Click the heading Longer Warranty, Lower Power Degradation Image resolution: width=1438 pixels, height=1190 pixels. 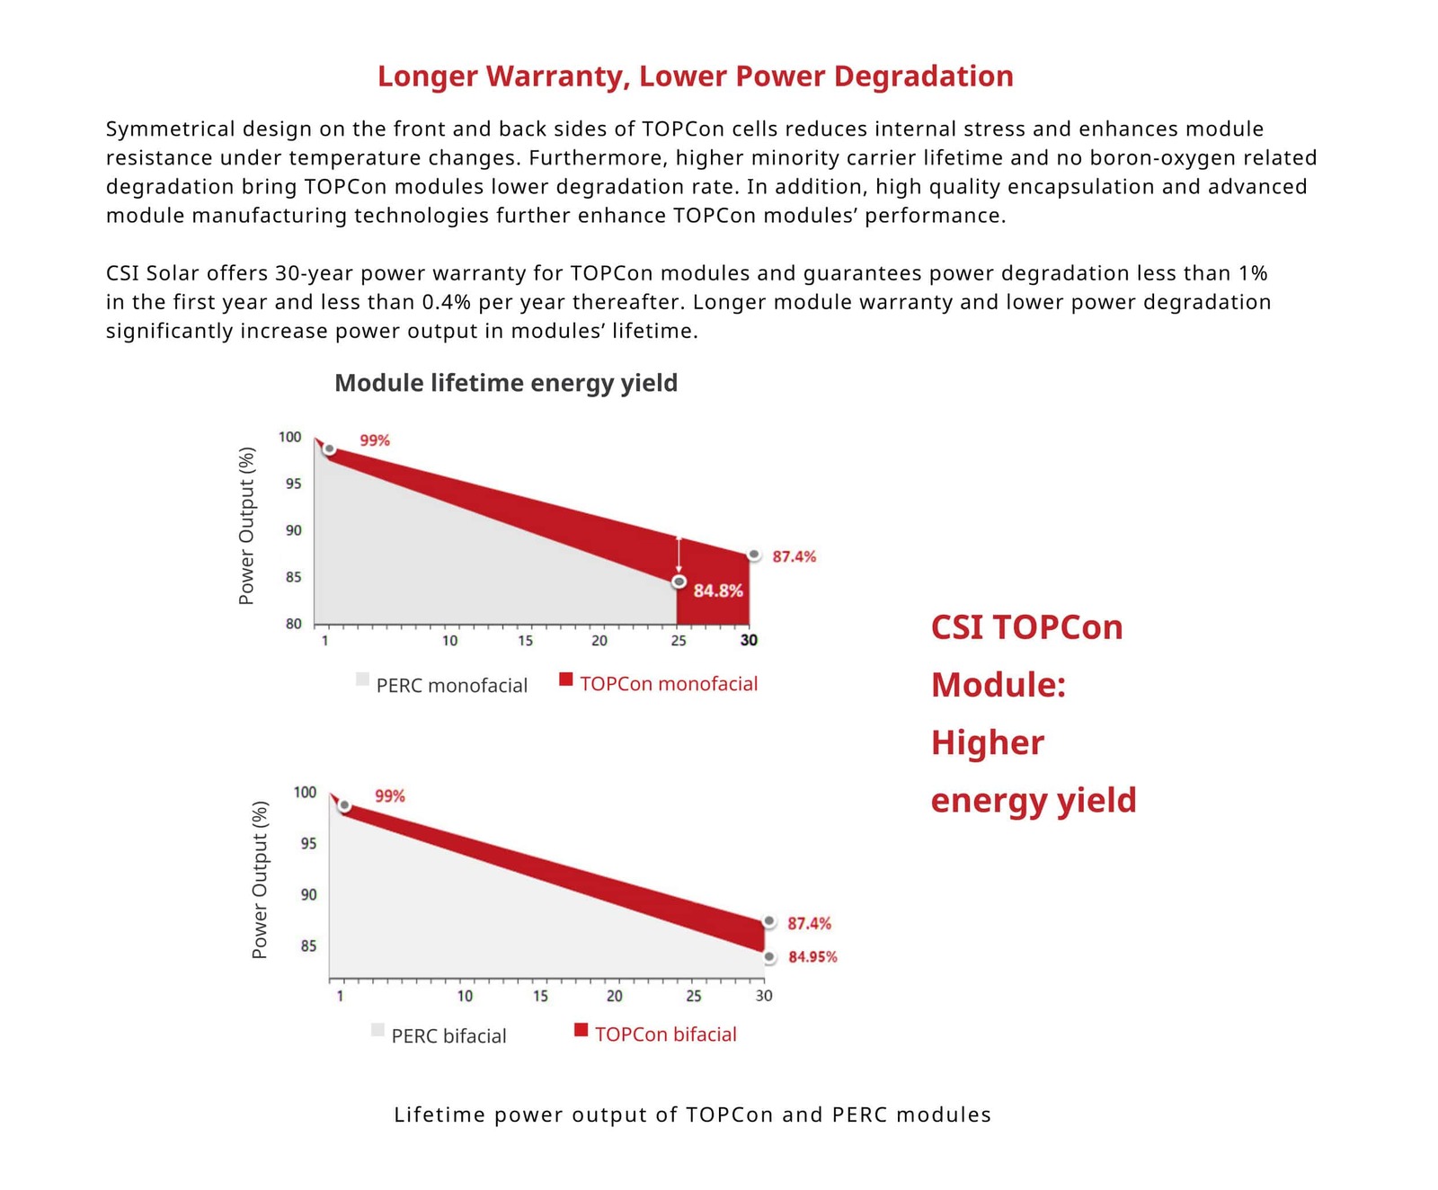pyautogui.click(x=695, y=76)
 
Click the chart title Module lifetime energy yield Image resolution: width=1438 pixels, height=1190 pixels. pyautogui.click(x=506, y=383)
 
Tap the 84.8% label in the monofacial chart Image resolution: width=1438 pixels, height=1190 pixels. pyautogui.click(x=718, y=591)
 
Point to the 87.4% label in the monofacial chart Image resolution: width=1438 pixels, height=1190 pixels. pyautogui.click(x=794, y=557)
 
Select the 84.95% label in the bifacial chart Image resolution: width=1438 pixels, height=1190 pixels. pyautogui.click(x=812, y=957)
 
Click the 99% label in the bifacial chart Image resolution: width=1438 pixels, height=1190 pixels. pyautogui.click(x=390, y=796)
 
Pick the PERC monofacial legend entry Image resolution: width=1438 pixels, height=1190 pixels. pyautogui.click(x=451, y=686)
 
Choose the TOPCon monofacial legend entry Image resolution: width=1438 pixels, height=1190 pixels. pyautogui.click(x=669, y=684)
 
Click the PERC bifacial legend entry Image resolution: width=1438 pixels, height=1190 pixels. pyautogui.click(x=448, y=1036)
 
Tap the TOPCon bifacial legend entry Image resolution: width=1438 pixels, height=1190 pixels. pyautogui.click(x=665, y=1035)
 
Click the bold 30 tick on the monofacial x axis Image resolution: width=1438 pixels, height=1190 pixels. pyautogui.click(x=749, y=640)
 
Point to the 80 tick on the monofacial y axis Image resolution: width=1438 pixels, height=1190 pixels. pyautogui.click(x=294, y=624)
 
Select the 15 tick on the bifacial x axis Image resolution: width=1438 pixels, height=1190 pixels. pyautogui.click(x=540, y=996)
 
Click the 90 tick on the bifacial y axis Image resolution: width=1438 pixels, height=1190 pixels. pyautogui.click(x=308, y=894)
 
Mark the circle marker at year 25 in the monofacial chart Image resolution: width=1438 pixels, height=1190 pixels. pyautogui.click(x=679, y=582)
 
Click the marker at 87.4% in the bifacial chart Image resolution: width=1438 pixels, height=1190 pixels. pyautogui.click(x=769, y=921)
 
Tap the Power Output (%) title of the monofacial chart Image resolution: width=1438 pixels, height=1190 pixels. pyautogui.click(x=246, y=526)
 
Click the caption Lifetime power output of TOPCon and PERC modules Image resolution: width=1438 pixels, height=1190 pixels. pyautogui.click(x=692, y=1115)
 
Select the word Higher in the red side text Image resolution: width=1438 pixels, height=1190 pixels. pyautogui.click(x=987, y=742)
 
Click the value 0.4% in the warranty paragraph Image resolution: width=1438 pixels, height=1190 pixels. pyautogui.click(x=447, y=302)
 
